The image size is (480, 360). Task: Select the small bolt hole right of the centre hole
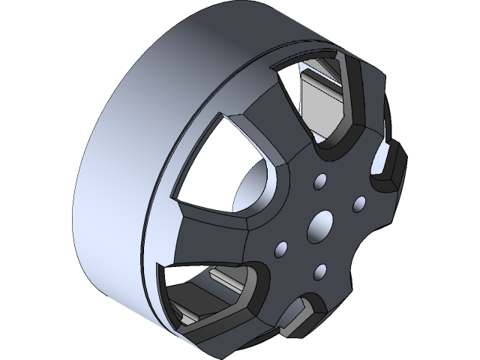(x=358, y=202)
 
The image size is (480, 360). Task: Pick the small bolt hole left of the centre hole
(x=283, y=247)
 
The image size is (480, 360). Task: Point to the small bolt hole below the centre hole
(x=320, y=269)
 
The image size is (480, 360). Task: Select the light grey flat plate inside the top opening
(x=319, y=101)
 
